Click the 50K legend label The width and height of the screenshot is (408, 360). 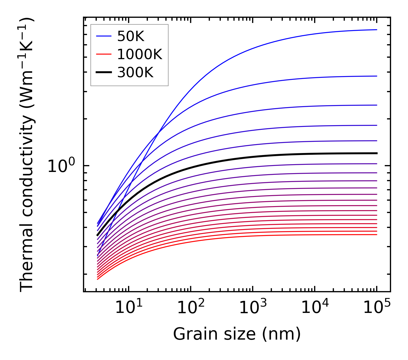[131, 36]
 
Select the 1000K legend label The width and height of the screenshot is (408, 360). [140, 54]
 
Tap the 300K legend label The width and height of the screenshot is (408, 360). [135, 73]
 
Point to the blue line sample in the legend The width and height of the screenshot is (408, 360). [103, 36]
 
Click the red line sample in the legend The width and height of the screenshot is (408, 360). [103, 54]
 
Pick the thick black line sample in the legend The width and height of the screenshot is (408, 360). [103, 73]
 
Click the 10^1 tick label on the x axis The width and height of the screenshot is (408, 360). [128, 308]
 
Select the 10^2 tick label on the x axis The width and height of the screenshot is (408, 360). [190, 308]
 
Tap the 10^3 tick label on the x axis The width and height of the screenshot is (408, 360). [253, 308]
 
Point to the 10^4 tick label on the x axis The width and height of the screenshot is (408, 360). [315, 308]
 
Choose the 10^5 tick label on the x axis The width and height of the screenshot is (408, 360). [377, 308]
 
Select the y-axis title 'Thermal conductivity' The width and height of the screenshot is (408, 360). [27, 155]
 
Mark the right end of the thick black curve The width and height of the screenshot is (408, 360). [377, 153]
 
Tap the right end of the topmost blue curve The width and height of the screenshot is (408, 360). [377, 30]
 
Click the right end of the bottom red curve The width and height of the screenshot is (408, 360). [377, 235]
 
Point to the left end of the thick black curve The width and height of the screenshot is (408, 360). [97, 235]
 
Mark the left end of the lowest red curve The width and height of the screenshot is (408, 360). [98, 279]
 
